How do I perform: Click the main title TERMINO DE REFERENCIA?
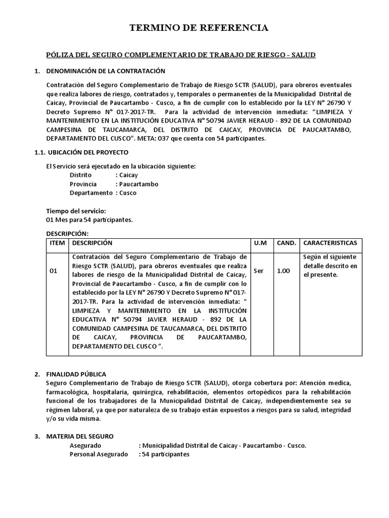pyautogui.click(x=199, y=28)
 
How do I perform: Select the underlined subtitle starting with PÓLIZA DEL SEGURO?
pyautogui.click(x=181, y=54)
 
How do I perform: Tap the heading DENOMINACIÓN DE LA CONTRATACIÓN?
pyautogui.click(x=105, y=71)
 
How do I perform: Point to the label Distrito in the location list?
pyautogui.click(x=81, y=175)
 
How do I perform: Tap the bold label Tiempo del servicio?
pyautogui.click(x=76, y=210)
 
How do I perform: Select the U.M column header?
pyautogui.click(x=260, y=243)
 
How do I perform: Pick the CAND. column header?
pyautogui.click(x=286, y=243)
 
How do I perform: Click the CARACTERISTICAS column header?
pyautogui.click(x=330, y=243)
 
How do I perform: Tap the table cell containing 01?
pyautogui.click(x=54, y=271)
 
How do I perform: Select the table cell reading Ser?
pyautogui.click(x=259, y=271)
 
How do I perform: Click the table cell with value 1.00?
pyautogui.click(x=284, y=271)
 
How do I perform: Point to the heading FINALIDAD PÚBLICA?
pyautogui.click(x=76, y=374)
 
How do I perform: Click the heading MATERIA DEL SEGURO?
pyautogui.click(x=80, y=436)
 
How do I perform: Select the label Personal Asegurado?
pyautogui.click(x=99, y=454)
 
